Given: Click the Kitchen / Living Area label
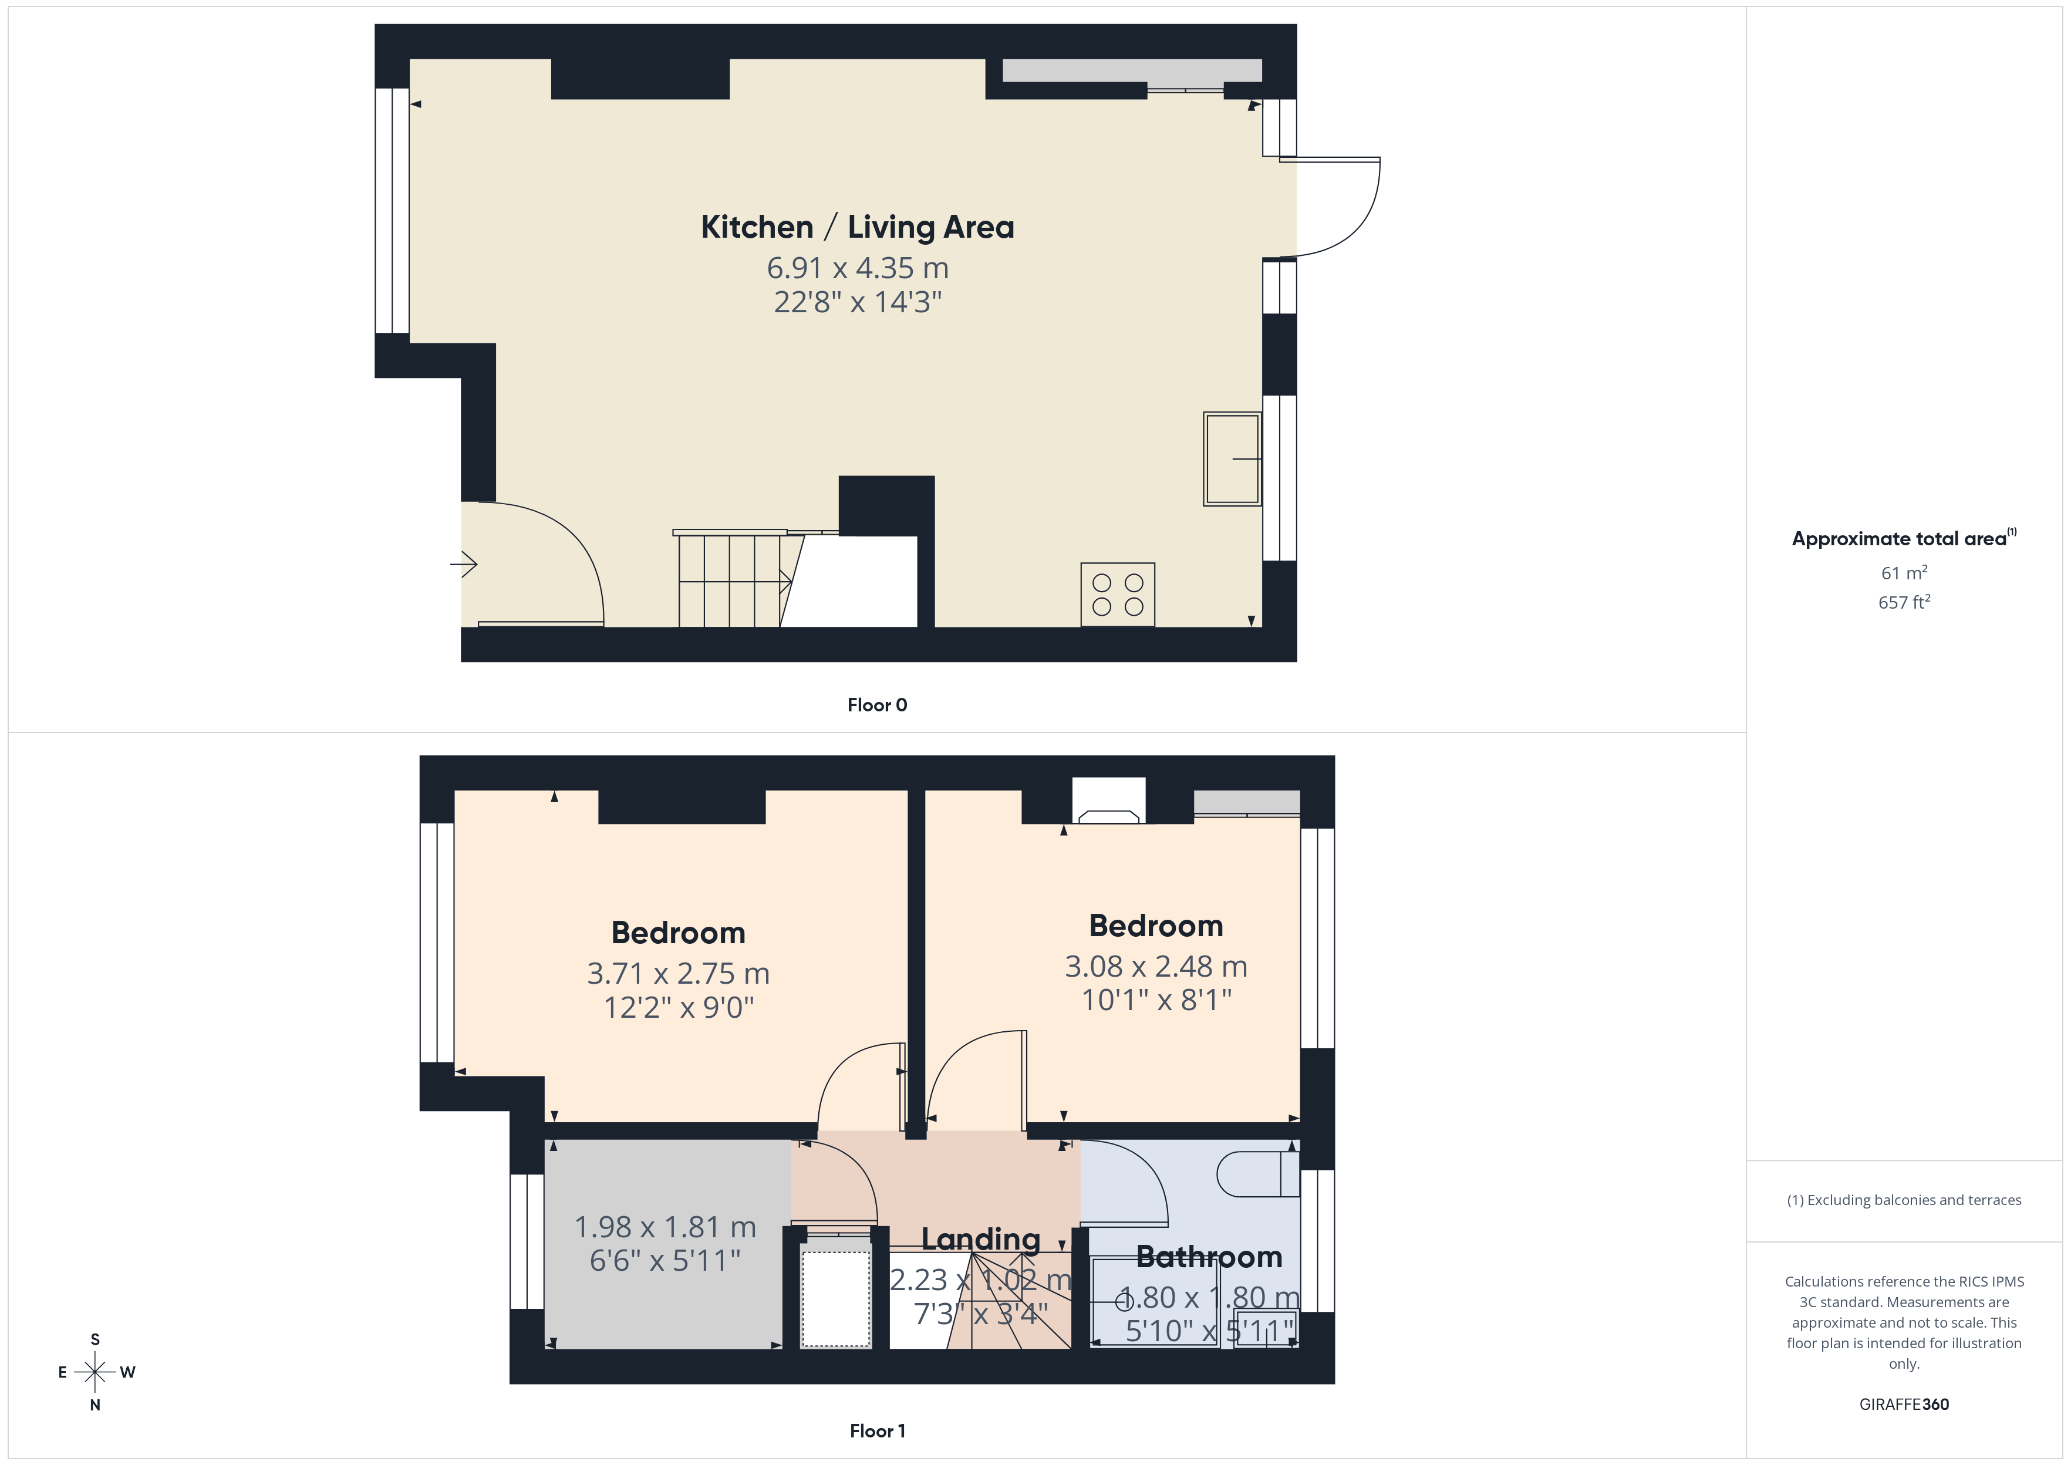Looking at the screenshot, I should click(857, 227).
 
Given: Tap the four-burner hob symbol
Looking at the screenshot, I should click(1118, 595).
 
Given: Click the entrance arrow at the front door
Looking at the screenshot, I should click(464, 565).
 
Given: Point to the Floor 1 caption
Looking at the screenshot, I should click(877, 1431).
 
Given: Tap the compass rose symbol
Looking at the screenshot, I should click(95, 1372).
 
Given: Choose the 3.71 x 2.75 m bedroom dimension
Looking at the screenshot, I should click(679, 973).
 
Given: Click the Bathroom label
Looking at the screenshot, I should click(1209, 1257).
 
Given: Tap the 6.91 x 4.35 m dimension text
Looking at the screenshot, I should click(857, 268).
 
